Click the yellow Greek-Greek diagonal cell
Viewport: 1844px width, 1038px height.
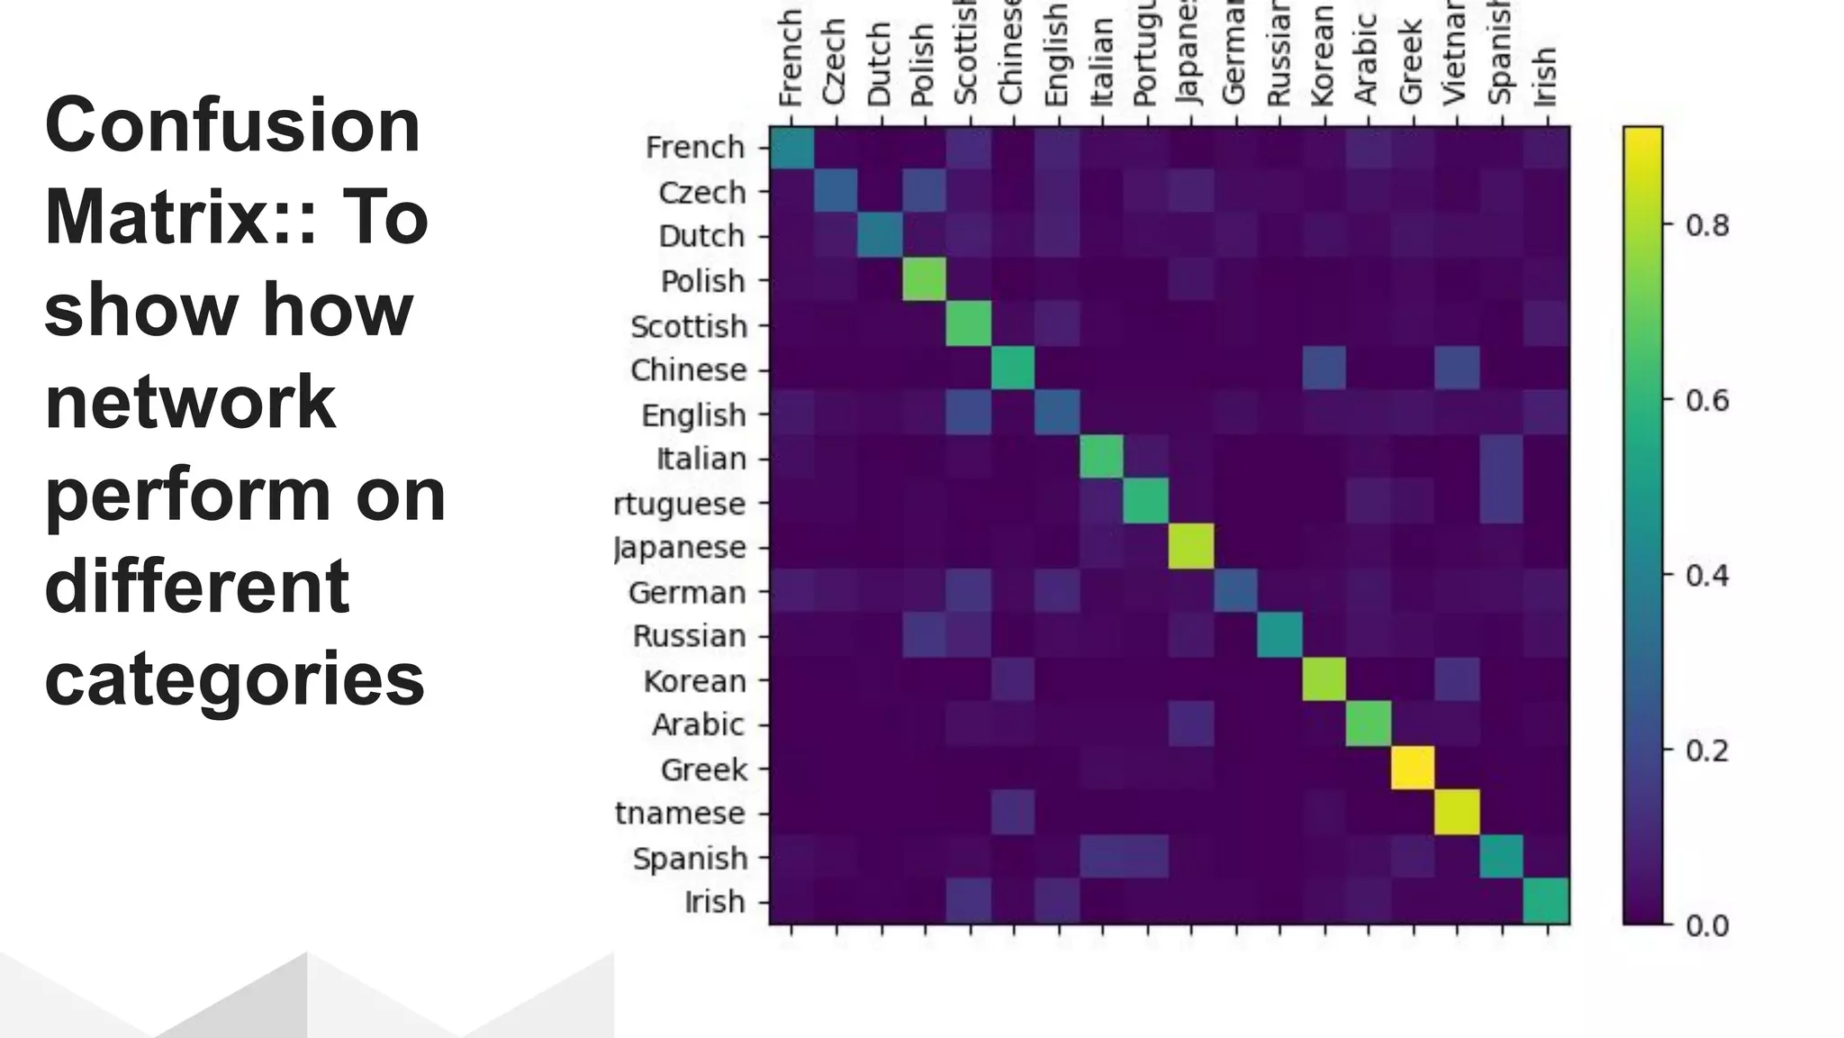[1413, 769]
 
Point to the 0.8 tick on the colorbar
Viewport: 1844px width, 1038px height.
[1707, 224]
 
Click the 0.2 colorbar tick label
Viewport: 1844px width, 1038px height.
[1707, 750]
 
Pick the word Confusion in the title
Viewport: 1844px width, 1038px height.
[232, 125]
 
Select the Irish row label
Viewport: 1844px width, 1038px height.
[715, 902]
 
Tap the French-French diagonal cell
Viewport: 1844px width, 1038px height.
[791, 147]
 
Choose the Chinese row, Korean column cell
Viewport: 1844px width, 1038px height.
[1324, 369]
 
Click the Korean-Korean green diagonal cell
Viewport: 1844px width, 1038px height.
[1324, 680]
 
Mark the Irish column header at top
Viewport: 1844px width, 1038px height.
[1546, 77]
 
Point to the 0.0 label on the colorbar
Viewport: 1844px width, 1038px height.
[1707, 925]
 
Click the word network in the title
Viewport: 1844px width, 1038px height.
[190, 402]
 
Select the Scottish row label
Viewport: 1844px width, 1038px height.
[689, 326]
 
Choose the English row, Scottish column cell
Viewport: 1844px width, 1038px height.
[969, 414]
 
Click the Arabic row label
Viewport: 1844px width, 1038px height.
[699, 724]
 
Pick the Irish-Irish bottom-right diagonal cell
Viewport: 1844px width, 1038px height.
[1546, 902]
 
